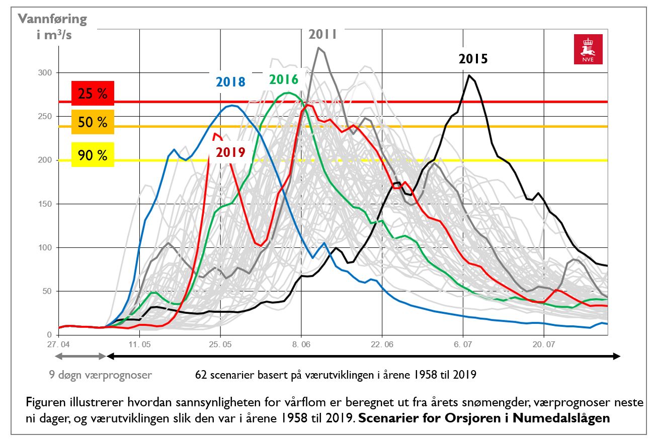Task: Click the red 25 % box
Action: click(93, 94)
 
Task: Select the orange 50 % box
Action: click(93, 122)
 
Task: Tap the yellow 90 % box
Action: click(93, 154)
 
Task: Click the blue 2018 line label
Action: click(231, 82)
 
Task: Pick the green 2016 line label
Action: click(284, 79)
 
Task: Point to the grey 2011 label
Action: click(322, 34)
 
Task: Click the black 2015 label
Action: click(473, 59)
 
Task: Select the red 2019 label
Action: click(230, 152)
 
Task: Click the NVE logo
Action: click(588, 49)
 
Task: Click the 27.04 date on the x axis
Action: click(58, 344)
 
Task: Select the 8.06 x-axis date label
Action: click(301, 344)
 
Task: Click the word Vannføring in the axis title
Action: click(53, 20)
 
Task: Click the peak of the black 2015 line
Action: click(469, 75)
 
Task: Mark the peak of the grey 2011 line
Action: click(318, 48)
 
